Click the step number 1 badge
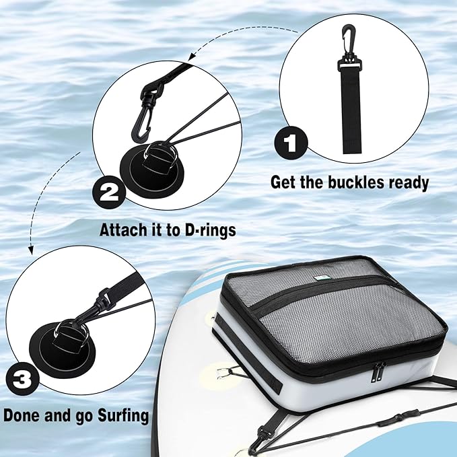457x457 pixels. tap(291, 143)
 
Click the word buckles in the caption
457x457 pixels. tap(351, 182)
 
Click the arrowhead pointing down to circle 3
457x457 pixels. tap(30, 248)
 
